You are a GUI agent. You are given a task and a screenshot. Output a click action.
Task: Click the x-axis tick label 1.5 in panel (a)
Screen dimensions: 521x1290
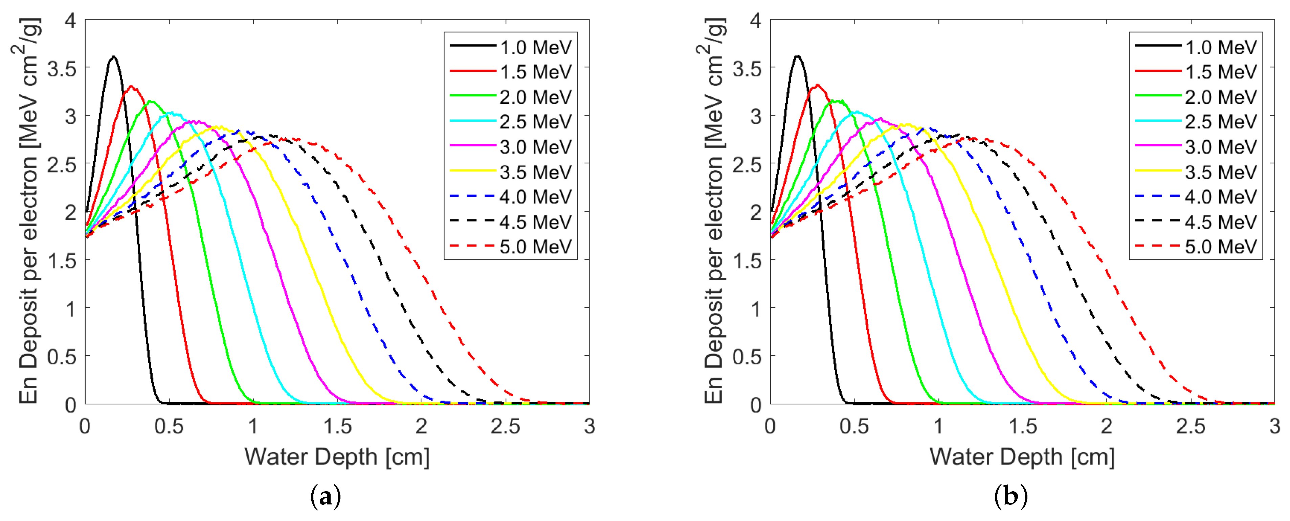[337, 426]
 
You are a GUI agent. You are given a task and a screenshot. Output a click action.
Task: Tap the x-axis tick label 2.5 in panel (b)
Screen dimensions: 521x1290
[1191, 426]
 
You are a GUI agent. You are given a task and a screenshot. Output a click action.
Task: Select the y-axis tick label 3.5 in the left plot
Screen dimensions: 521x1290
[62, 69]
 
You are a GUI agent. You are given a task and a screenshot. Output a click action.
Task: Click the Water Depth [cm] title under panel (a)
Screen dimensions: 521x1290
[337, 456]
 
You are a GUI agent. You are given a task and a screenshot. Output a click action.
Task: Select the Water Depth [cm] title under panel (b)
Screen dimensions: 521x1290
[1022, 456]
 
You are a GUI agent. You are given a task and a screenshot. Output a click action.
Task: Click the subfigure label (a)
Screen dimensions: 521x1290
[326, 497]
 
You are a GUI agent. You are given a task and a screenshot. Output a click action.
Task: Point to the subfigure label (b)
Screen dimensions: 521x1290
[1010, 497]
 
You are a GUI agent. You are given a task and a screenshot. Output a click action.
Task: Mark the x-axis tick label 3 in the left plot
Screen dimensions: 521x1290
[590, 426]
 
